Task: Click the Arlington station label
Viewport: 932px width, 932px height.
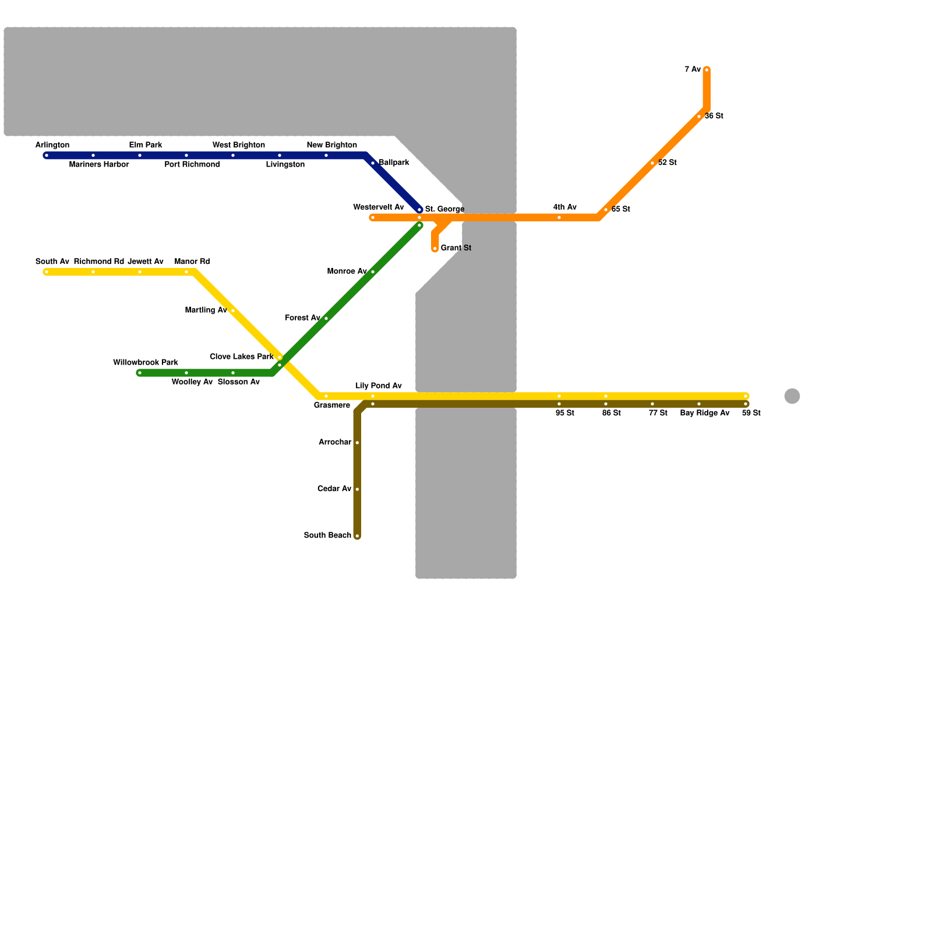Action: click(x=52, y=145)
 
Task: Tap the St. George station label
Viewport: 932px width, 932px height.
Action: click(x=444, y=209)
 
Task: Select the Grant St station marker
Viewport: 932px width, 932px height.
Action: click(x=435, y=249)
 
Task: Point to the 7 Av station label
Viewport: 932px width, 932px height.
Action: click(x=693, y=70)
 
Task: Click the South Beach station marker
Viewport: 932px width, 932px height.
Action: click(x=357, y=536)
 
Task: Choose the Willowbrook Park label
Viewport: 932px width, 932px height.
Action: click(x=146, y=362)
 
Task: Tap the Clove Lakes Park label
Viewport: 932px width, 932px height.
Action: click(x=242, y=356)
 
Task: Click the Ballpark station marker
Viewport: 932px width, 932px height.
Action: click(x=373, y=163)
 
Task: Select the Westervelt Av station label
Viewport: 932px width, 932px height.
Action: click(x=379, y=207)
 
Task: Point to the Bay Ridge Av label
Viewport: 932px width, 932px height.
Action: click(x=705, y=414)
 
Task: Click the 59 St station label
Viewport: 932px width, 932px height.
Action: click(x=751, y=414)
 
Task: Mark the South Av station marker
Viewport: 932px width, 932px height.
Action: click(x=47, y=272)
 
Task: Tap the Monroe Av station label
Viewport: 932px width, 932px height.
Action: click(x=347, y=271)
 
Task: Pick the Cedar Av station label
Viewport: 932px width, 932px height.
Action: click(x=334, y=489)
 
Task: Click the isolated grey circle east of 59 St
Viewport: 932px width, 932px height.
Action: click(x=792, y=396)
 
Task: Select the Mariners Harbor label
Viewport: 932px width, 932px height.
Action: click(x=99, y=165)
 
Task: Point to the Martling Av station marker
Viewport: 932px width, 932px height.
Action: click(x=233, y=311)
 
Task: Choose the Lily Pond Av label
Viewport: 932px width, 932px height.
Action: click(x=379, y=386)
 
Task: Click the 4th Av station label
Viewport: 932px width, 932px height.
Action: click(x=565, y=207)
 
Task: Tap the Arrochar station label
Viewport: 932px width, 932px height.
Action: click(x=335, y=442)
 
